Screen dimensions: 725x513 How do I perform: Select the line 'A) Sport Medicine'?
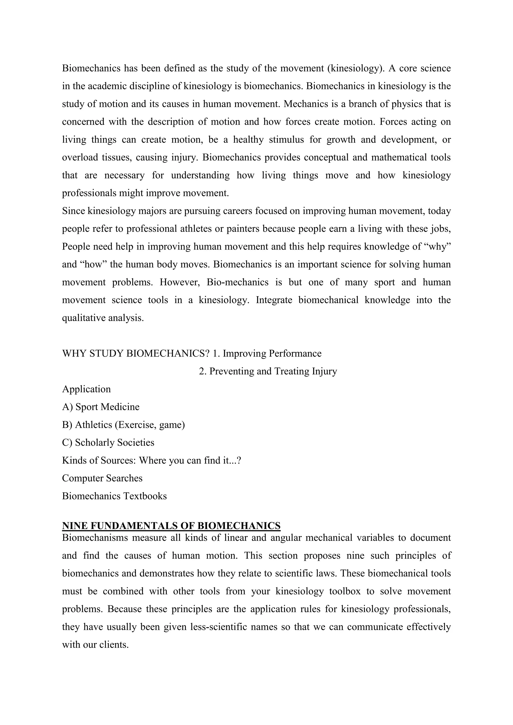(100, 407)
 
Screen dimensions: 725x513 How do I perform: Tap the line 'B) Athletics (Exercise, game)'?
(123, 425)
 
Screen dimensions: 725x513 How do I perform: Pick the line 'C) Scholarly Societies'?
(108, 442)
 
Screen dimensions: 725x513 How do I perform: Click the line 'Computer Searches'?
(102, 478)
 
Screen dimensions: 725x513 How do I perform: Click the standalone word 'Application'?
(86, 389)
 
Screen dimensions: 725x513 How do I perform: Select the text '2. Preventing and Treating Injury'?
(268, 371)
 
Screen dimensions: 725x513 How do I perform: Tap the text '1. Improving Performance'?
(267, 353)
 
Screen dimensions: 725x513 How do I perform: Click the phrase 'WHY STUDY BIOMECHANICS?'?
(136, 353)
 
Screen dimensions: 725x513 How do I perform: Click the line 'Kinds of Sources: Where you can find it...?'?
(152, 460)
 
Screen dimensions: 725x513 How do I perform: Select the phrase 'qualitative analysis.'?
(103, 318)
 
